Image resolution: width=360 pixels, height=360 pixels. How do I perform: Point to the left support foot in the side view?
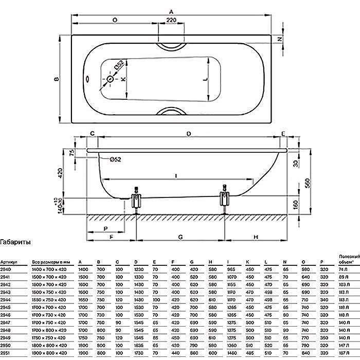coord(136,198)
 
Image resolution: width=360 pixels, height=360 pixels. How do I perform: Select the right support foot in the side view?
coord(225,197)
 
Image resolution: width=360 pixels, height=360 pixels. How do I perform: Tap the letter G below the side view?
coord(181,237)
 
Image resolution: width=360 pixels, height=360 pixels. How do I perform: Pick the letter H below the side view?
coord(256,237)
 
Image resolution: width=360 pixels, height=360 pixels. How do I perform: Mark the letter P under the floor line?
coord(105,227)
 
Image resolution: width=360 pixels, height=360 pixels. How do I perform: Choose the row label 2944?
coord(6,298)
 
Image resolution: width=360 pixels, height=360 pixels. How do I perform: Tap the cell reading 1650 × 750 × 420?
coord(49,298)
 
